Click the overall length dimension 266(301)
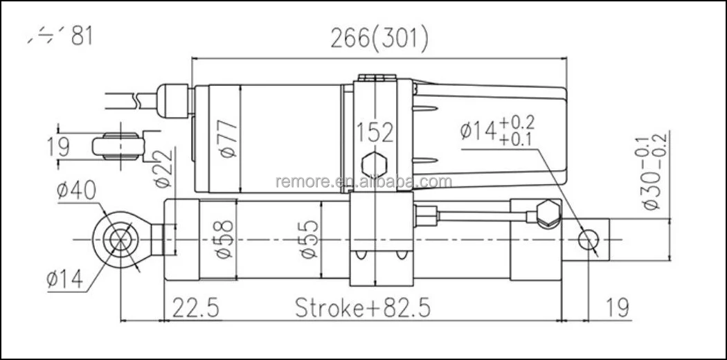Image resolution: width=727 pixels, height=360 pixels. point(379,38)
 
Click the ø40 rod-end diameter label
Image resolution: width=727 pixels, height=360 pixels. point(75,191)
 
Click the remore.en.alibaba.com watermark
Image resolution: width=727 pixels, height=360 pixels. point(363,182)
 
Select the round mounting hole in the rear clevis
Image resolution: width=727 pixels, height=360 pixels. point(589,240)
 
